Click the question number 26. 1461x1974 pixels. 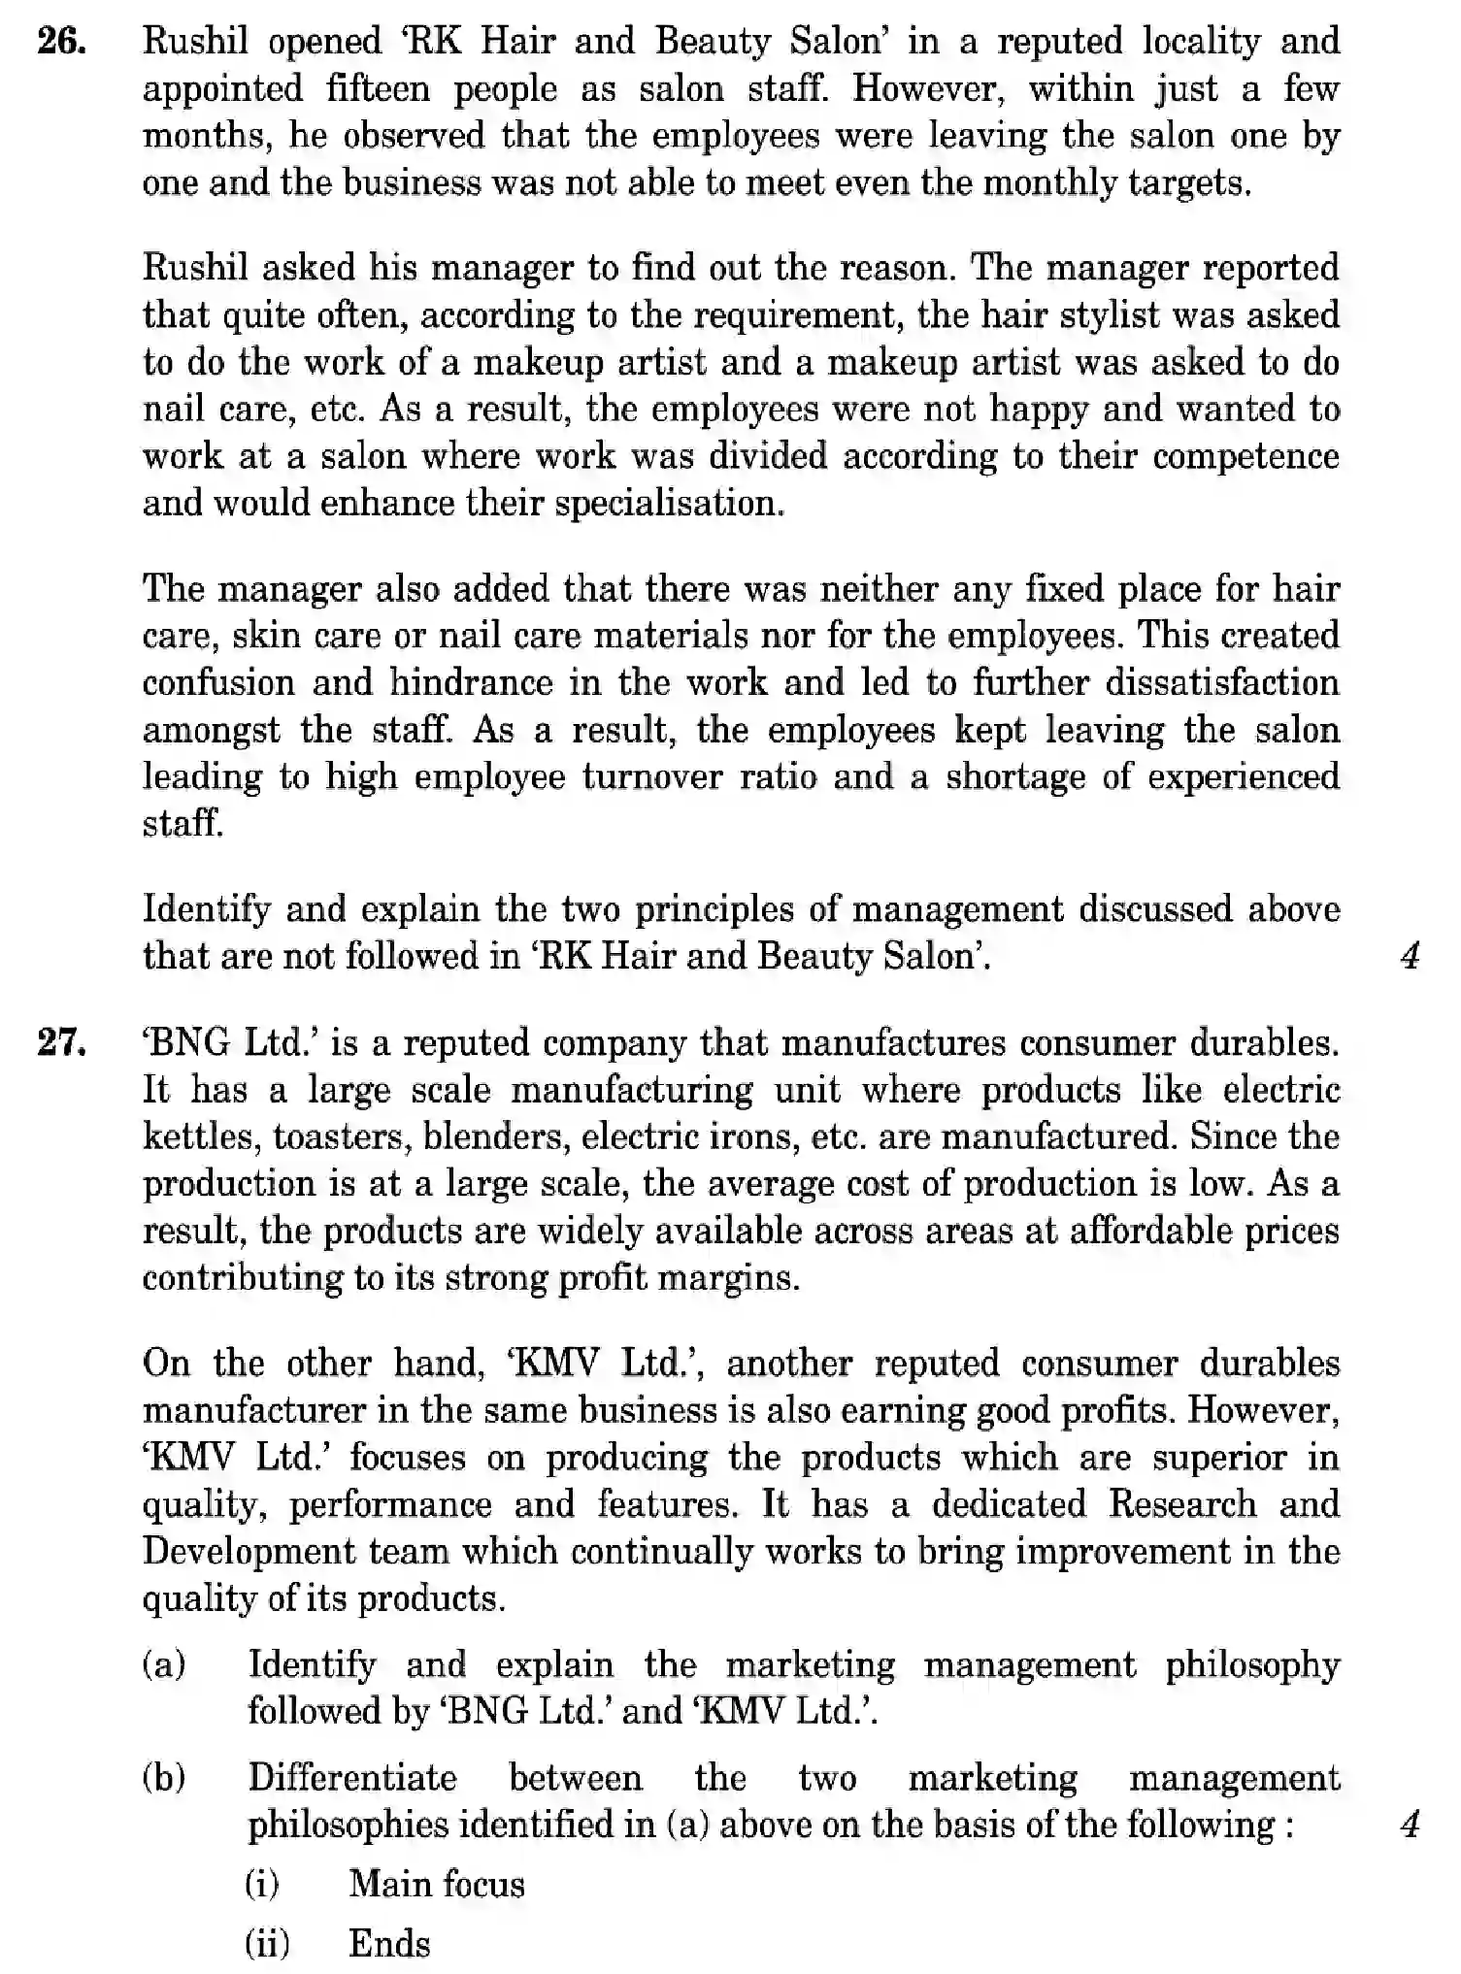(59, 43)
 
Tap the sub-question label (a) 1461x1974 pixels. (165, 1665)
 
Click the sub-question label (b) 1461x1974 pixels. (165, 1779)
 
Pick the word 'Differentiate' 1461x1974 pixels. (352, 1778)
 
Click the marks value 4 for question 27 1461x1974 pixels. (1410, 1826)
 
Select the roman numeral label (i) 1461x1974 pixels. (263, 1885)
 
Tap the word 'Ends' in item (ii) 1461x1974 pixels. (389, 1945)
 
